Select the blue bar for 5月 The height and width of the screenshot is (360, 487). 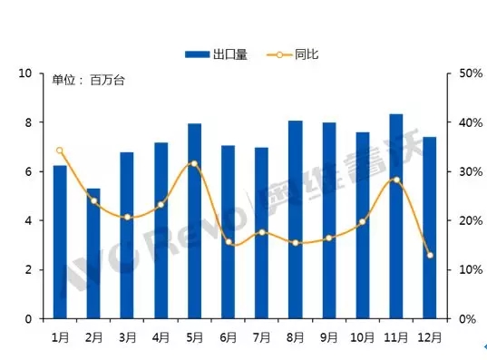pyautogui.click(x=194, y=221)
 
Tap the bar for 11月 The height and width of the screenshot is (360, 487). pyautogui.click(x=395, y=217)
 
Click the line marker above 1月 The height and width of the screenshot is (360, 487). pyautogui.click(x=60, y=151)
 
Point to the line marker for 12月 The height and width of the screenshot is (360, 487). pyautogui.click(x=429, y=255)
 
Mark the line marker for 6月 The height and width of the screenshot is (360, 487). pyautogui.click(x=228, y=242)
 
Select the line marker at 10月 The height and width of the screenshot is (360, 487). pyautogui.click(x=362, y=221)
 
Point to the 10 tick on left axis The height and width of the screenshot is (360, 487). pyautogui.click(x=26, y=73)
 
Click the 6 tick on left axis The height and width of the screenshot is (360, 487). pyautogui.click(x=29, y=171)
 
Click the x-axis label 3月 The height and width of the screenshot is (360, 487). pyautogui.click(x=127, y=336)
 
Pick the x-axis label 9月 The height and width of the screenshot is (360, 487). pyautogui.click(x=328, y=336)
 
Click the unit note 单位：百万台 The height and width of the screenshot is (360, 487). pyautogui.click(x=87, y=81)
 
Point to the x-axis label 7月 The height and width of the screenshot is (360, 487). pyautogui.click(x=261, y=336)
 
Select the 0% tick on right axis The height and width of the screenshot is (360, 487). pyautogui.click(x=466, y=319)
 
